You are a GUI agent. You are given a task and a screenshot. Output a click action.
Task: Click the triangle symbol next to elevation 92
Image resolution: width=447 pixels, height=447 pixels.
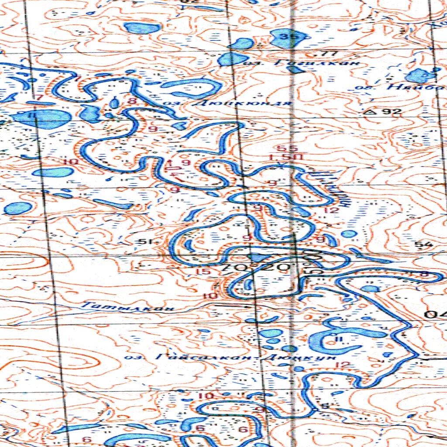(372, 112)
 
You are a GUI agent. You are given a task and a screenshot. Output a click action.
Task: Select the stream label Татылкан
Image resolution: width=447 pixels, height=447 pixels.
(128, 307)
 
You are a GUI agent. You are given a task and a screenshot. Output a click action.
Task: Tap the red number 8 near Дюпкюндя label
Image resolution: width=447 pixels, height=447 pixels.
(130, 101)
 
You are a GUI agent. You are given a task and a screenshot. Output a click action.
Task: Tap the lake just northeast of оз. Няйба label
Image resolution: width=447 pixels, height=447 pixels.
(420, 76)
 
